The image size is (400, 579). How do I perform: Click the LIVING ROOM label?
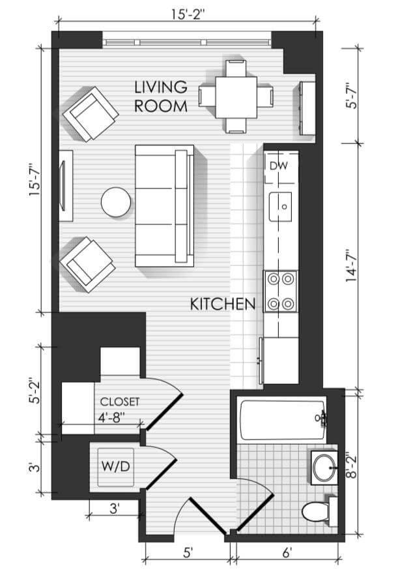click(x=161, y=96)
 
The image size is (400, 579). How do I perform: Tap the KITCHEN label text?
click(x=223, y=304)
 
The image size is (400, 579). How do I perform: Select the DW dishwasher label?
click(x=279, y=166)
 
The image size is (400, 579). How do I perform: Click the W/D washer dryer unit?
click(x=116, y=467)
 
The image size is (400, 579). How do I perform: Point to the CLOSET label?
click(x=120, y=402)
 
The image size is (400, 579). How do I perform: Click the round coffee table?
click(x=116, y=201)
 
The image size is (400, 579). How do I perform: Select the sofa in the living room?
click(x=165, y=205)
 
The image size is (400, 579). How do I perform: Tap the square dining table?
click(x=236, y=97)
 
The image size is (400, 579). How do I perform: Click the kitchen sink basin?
click(x=280, y=207)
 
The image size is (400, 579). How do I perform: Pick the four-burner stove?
click(x=280, y=291)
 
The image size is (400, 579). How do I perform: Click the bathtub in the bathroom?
click(x=283, y=420)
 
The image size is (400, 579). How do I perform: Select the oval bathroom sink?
click(x=324, y=467)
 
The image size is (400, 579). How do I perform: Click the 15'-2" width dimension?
click(x=188, y=14)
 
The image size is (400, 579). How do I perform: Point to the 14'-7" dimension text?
click(x=352, y=266)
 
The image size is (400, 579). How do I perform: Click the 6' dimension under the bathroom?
click(x=287, y=553)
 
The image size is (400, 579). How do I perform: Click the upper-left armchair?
click(x=91, y=114)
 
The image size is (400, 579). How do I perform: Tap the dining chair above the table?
click(x=236, y=68)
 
